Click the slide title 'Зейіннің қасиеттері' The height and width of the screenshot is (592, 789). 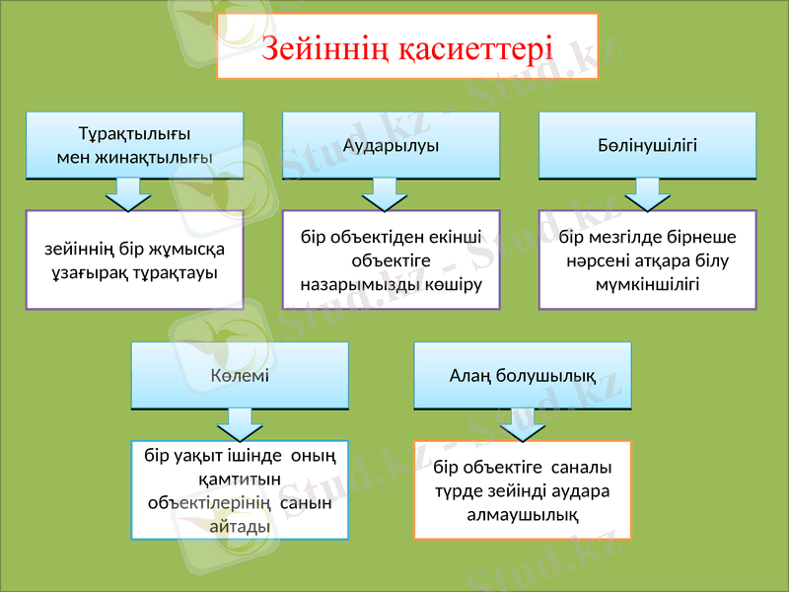(407, 46)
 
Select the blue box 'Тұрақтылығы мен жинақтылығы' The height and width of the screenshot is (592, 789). (134, 145)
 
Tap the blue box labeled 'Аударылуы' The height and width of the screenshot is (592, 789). (392, 145)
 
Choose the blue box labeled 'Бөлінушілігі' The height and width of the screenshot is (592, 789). (647, 145)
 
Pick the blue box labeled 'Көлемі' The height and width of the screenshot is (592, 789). (240, 375)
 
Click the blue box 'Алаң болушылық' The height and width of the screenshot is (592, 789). (522, 375)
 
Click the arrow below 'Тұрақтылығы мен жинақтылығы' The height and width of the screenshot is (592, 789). (128, 194)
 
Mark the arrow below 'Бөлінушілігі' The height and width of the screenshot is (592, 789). (647, 194)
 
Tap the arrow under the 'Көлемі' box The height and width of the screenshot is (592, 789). (240, 424)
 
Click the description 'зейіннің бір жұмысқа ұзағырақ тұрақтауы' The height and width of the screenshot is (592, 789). (134, 259)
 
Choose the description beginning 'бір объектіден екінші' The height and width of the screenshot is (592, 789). (392, 259)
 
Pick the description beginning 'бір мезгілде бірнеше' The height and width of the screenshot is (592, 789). (647, 259)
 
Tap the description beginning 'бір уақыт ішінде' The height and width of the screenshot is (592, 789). (240, 489)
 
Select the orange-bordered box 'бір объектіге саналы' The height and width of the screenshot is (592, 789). (522, 489)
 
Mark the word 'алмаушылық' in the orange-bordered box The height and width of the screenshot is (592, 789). (522, 514)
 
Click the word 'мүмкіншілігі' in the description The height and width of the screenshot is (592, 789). (647, 284)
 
